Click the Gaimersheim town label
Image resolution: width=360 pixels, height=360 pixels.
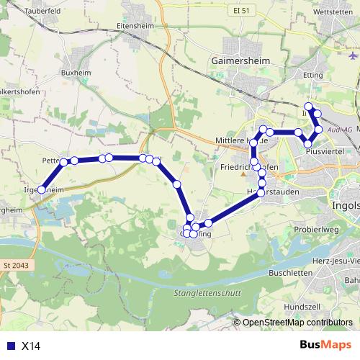pyautogui.click(x=240, y=62)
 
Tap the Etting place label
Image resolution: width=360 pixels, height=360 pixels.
pyautogui.click(x=313, y=74)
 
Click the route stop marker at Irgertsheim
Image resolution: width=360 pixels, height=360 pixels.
pyautogui.click(x=41, y=190)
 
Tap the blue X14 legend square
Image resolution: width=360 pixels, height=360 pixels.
pyautogui.click(x=9, y=346)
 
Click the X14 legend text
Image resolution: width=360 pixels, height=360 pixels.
pyautogui.click(x=30, y=346)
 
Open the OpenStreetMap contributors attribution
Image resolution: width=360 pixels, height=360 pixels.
pyautogui.click(x=297, y=323)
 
